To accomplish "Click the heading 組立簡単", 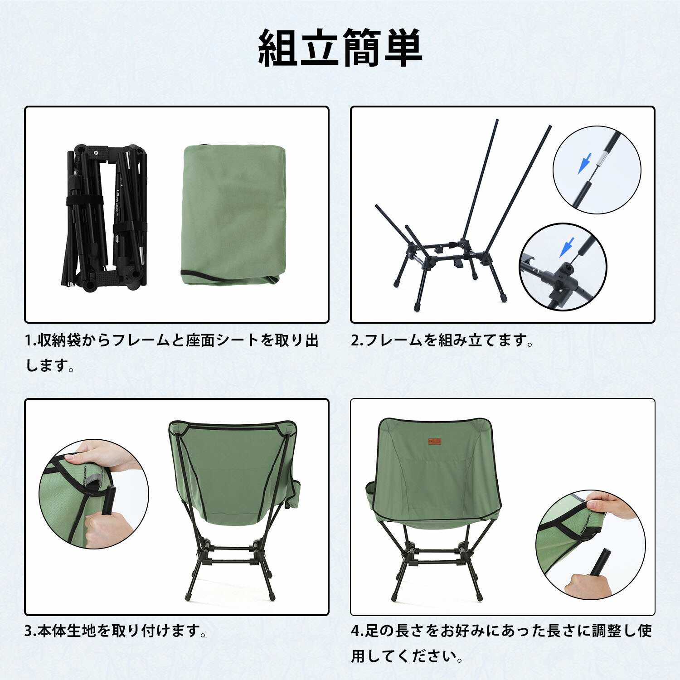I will point(340,48).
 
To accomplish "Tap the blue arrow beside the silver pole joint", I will point(584,164).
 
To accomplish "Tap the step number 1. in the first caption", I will point(31,340).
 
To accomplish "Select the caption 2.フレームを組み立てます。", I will point(442,340).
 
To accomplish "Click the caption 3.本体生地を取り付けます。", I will point(116,631).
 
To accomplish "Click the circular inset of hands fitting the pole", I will point(94,494).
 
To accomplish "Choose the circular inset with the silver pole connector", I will point(597,170).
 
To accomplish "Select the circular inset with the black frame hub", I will point(563,267).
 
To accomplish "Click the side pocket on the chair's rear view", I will point(295,492).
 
